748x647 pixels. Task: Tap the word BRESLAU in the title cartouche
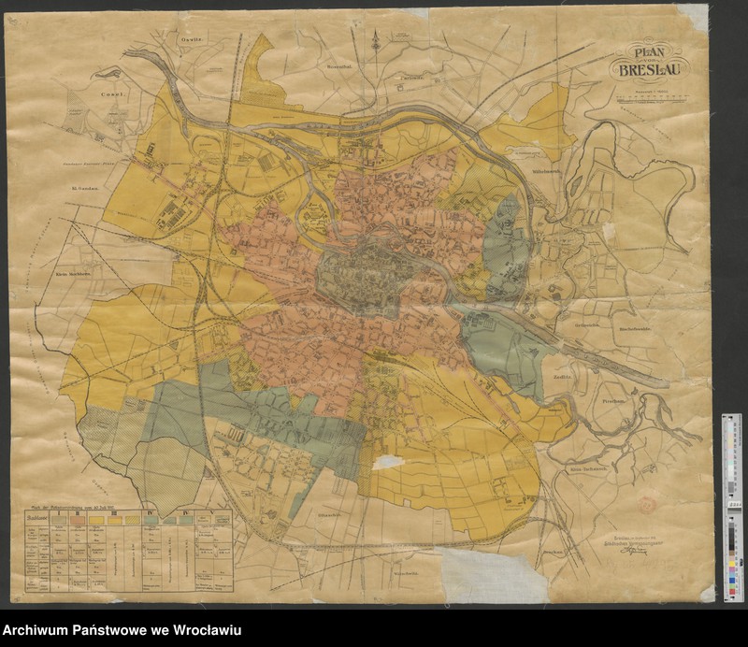[x=649, y=71]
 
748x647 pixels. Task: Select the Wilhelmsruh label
[x=545, y=171]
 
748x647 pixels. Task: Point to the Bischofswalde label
[x=633, y=329]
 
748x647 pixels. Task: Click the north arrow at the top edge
[x=376, y=39]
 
